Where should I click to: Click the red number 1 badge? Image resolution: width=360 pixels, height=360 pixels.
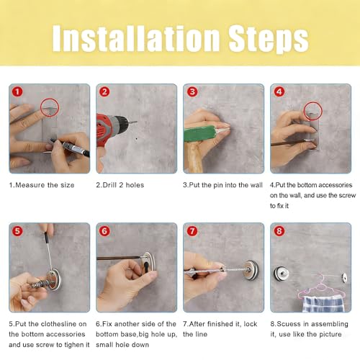click(17, 91)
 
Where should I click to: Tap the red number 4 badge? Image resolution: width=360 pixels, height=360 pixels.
click(279, 91)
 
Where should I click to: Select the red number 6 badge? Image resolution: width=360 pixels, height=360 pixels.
click(104, 231)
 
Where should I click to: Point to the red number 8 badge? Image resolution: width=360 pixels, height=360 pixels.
click(279, 231)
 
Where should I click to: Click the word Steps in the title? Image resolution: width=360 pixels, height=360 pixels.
click(268, 40)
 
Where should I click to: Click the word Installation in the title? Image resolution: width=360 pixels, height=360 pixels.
click(136, 38)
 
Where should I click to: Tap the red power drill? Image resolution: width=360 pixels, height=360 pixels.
click(113, 131)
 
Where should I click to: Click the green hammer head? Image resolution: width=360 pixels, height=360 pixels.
click(199, 133)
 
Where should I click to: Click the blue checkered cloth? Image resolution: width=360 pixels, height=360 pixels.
click(323, 304)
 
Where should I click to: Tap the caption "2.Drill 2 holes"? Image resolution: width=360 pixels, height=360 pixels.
click(120, 185)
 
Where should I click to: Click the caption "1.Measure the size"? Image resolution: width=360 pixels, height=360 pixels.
click(42, 185)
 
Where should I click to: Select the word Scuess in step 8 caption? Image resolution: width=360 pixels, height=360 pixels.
click(289, 324)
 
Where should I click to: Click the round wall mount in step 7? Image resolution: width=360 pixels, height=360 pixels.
click(251, 269)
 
